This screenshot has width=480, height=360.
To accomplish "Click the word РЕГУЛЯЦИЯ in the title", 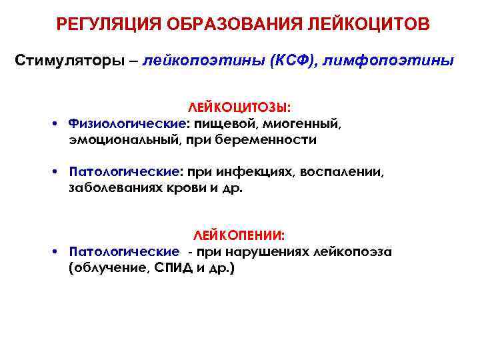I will (106, 25).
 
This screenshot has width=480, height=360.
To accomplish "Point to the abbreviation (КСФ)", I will (286, 61).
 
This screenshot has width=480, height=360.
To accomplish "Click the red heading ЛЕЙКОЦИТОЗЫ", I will (239, 107).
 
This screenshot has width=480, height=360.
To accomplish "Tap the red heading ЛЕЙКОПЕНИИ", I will (239, 235).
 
